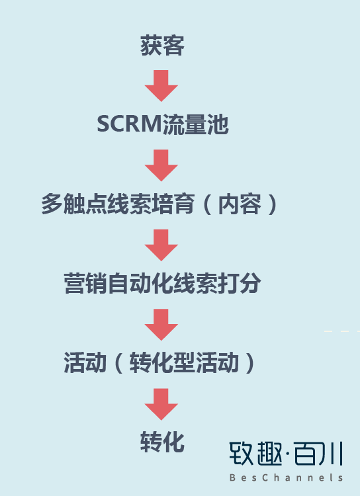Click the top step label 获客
pyautogui.click(x=162, y=46)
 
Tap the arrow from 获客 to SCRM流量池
pyautogui.click(x=161, y=86)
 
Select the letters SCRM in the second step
pyautogui.click(x=130, y=124)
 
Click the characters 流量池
pyautogui.click(x=195, y=124)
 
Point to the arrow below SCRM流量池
pyautogui.click(x=161, y=165)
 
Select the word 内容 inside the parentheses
pyautogui.click(x=240, y=204)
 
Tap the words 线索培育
pyautogui.click(x=151, y=204)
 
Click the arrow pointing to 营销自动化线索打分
pyautogui.click(x=161, y=245)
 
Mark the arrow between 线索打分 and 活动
pyautogui.click(x=161, y=325)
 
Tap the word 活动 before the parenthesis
pyautogui.click(x=85, y=362)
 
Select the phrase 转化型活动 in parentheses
pyautogui.click(x=184, y=362)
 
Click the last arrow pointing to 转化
pyautogui.click(x=161, y=405)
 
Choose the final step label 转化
pyautogui.click(x=162, y=442)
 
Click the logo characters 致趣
pyautogui.click(x=255, y=454)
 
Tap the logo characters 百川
pyautogui.click(x=318, y=454)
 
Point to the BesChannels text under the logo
pyautogui.click(x=287, y=477)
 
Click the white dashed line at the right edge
pyautogui.click(x=342, y=331)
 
